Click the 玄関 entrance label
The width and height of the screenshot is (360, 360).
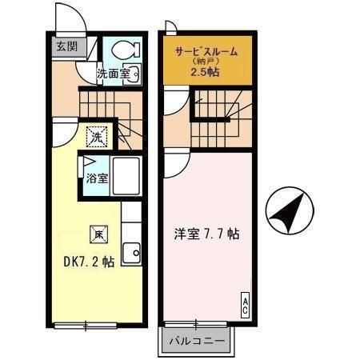66,46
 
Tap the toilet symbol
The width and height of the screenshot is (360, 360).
125,50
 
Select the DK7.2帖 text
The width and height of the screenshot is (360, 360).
89,261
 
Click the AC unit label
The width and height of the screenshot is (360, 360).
244,305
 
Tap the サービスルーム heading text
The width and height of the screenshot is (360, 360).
207,50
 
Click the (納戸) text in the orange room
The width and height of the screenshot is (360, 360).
206,62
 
